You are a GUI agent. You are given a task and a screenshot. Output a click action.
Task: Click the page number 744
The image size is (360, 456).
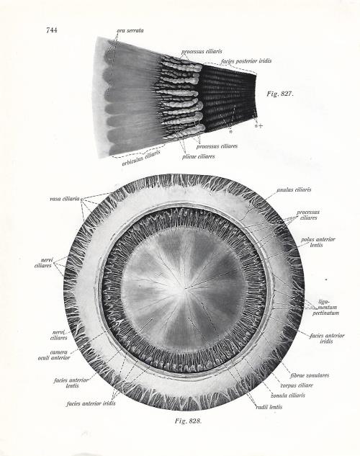pyautogui.click(x=51, y=30)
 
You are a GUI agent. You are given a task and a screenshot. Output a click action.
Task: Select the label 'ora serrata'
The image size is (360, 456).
pyautogui.click(x=130, y=30)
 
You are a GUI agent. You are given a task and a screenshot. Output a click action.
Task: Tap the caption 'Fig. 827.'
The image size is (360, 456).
pyautogui.click(x=280, y=94)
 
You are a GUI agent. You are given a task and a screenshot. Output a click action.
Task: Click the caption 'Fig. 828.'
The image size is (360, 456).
pyautogui.click(x=188, y=421)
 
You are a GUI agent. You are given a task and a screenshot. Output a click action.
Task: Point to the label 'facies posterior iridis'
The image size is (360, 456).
pyautogui.click(x=246, y=61)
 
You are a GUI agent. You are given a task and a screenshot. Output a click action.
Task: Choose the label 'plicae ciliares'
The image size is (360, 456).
pyautogui.click(x=199, y=156)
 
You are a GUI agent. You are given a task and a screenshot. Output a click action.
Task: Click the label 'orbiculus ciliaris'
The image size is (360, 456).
pyautogui.click(x=141, y=158)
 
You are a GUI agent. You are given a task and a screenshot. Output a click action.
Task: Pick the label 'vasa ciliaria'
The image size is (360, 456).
pyautogui.click(x=65, y=199)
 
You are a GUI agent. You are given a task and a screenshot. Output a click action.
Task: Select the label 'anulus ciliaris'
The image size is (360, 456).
pyautogui.click(x=294, y=189)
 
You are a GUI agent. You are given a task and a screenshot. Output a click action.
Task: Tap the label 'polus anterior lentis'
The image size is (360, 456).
pyautogui.click(x=318, y=242)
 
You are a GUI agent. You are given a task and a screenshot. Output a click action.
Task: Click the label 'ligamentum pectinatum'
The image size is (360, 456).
pyautogui.click(x=325, y=307)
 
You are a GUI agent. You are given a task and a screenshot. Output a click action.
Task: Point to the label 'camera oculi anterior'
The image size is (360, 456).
pyautogui.click(x=54, y=355)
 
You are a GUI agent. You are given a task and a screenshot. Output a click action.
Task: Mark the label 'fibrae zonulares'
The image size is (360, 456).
pyautogui.click(x=310, y=375)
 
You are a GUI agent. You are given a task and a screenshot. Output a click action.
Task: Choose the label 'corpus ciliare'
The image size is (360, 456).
pyautogui.click(x=297, y=385)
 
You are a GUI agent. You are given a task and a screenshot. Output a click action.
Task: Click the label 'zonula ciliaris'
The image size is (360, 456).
pyautogui.click(x=288, y=395)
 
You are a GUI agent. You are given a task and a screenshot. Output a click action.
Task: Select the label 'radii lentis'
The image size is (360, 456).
pyautogui.click(x=269, y=407)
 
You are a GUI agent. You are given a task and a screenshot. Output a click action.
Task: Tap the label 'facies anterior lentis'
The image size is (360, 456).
pyautogui.click(x=71, y=383)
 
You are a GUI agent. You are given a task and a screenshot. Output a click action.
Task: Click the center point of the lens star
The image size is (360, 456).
pyautogui.click(x=185, y=288)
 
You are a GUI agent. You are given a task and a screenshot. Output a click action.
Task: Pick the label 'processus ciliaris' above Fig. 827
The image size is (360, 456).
pyautogui.click(x=202, y=51)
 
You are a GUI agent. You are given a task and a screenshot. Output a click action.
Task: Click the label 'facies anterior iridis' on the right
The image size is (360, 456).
pyautogui.click(x=327, y=339)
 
